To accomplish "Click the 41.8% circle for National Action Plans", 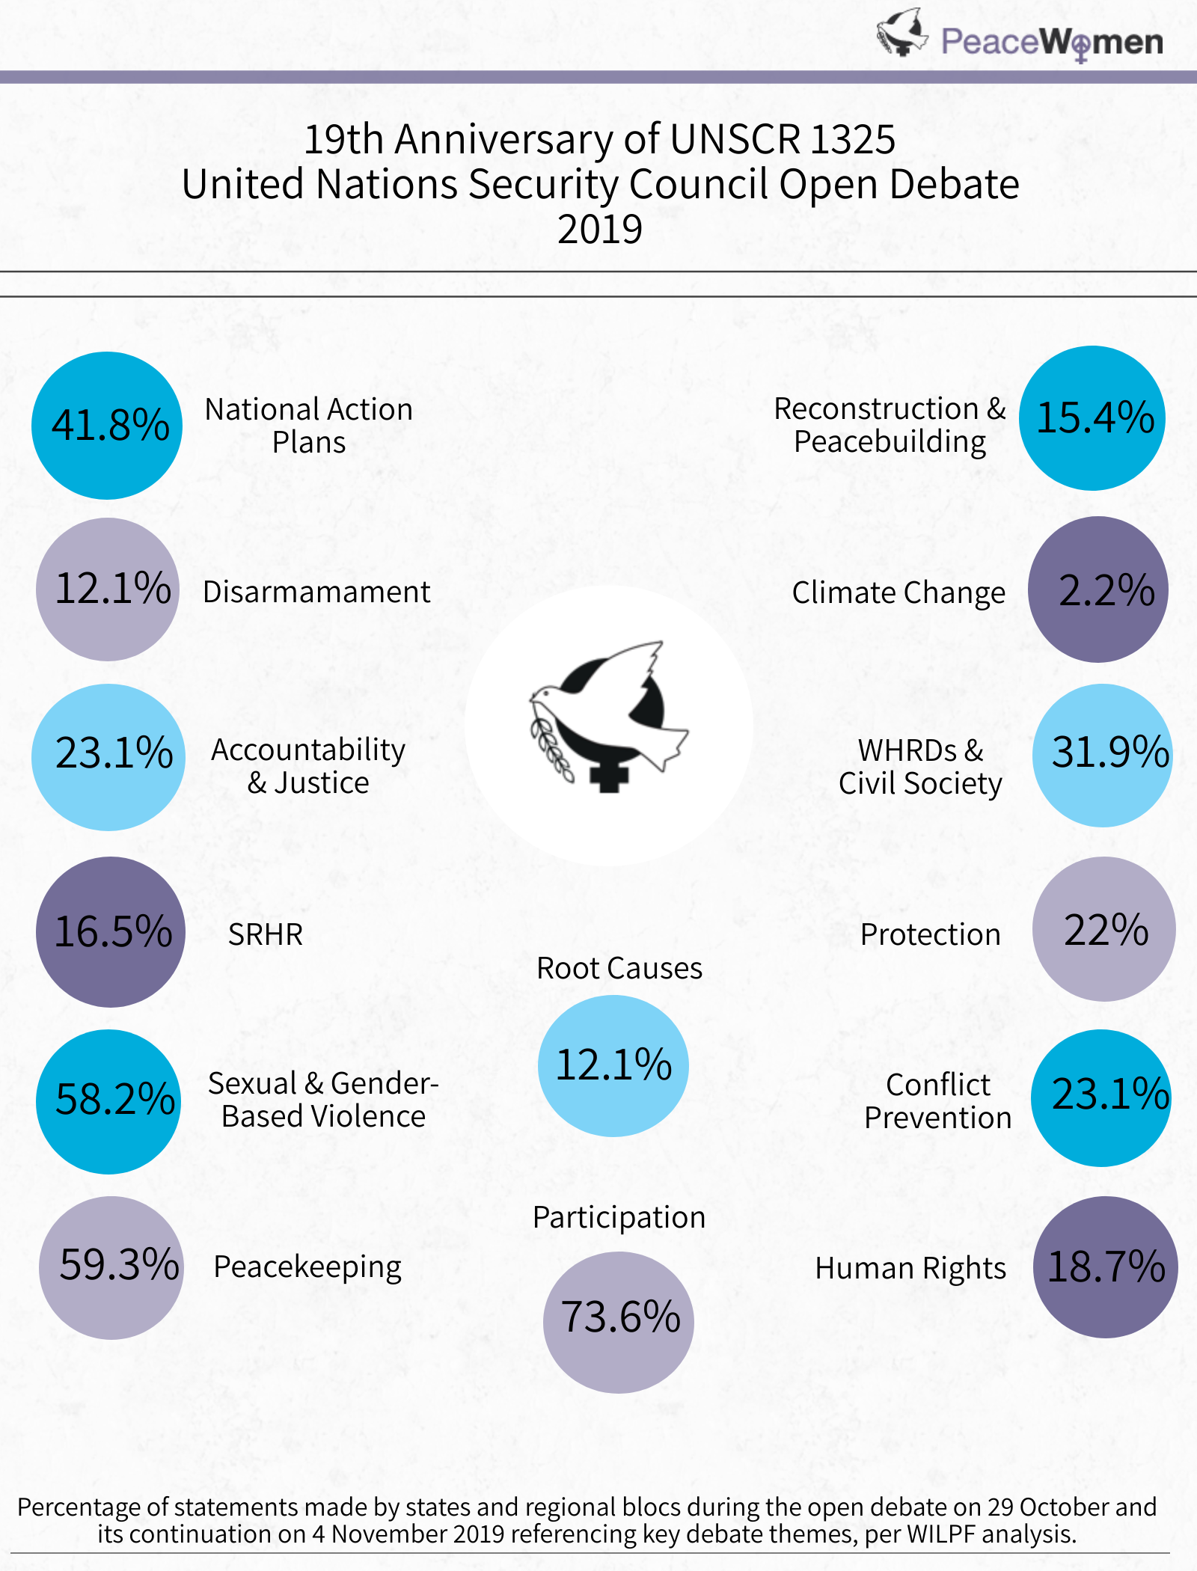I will (x=107, y=426).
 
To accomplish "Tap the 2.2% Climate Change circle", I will (x=1098, y=589).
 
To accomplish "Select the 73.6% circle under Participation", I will (x=619, y=1322).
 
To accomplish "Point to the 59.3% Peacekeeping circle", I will (x=111, y=1267).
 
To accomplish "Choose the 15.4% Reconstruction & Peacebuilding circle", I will (x=1092, y=418).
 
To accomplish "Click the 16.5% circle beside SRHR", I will (x=111, y=932).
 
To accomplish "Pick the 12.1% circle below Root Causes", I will (x=613, y=1066).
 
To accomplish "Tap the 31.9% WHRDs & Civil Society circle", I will (x=1103, y=755).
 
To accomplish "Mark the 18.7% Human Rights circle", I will (x=1106, y=1267).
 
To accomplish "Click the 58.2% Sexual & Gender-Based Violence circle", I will (x=108, y=1101).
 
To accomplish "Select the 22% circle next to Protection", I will (x=1104, y=929).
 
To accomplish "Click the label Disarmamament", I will (x=316, y=592).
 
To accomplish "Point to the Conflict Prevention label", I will (x=938, y=1101).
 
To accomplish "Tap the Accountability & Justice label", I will (x=308, y=766).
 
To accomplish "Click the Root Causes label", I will (x=619, y=969).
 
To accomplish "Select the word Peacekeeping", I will (x=307, y=1267).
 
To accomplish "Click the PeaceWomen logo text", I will (x=1052, y=42).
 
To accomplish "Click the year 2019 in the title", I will (x=600, y=230).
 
